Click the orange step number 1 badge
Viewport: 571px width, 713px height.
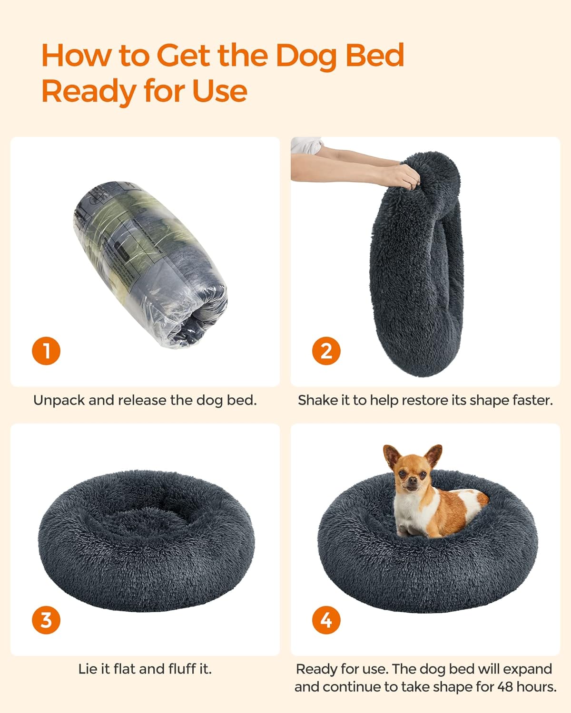pos(46,351)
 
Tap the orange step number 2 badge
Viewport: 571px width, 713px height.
pos(326,351)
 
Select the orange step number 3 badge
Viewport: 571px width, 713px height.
pos(46,620)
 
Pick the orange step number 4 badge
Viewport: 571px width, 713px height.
pos(326,620)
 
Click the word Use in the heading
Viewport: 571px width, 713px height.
pos(220,91)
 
